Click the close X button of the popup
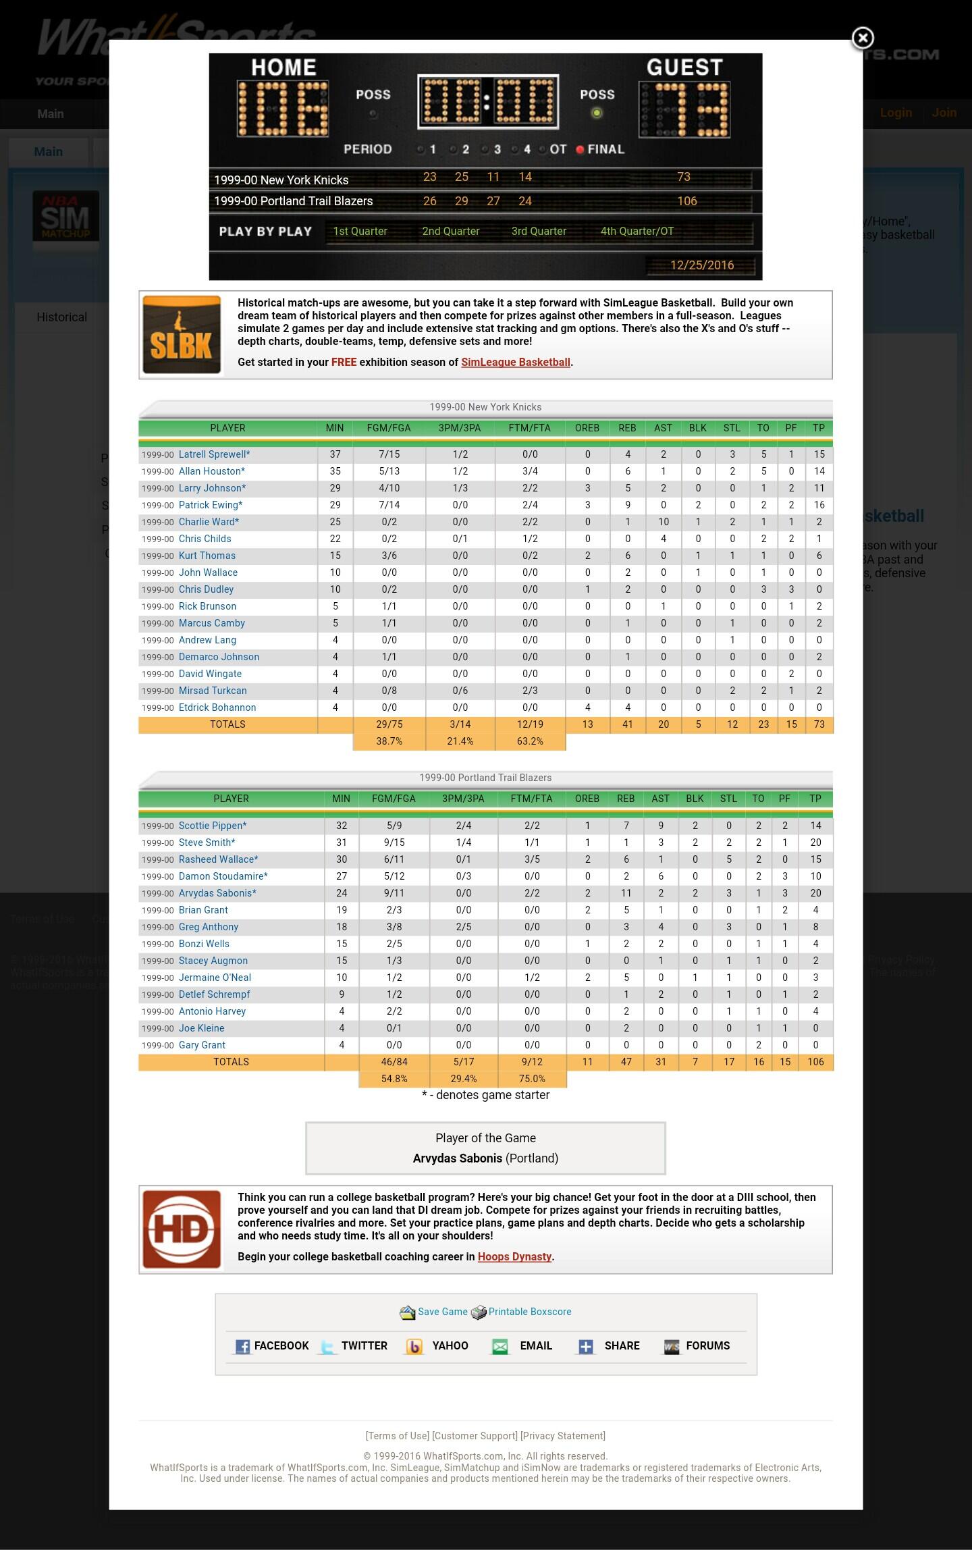tap(862, 38)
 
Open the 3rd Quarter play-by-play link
tap(539, 231)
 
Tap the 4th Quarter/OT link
tap(637, 231)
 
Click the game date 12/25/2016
tap(701, 265)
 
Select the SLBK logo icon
tap(182, 335)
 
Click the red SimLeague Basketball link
tap(516, 363)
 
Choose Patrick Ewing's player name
tap(210, 505)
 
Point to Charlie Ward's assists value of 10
tap(663, 522)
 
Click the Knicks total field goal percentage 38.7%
tap(389, 741)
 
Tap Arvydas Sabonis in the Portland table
tap(217, 893)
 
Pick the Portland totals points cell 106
tap(815, 1062)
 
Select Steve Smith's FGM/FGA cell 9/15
tap(394, 843)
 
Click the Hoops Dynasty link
tap(514, 1256)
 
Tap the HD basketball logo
tap(182, 1229)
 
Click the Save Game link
tap(442, 1312)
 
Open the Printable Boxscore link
tap(529, 1312)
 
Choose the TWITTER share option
tap(363, 1345)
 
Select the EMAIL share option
tap(535, 1345)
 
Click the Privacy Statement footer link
tap(563, 1436)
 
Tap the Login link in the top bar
tap(896, 113)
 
